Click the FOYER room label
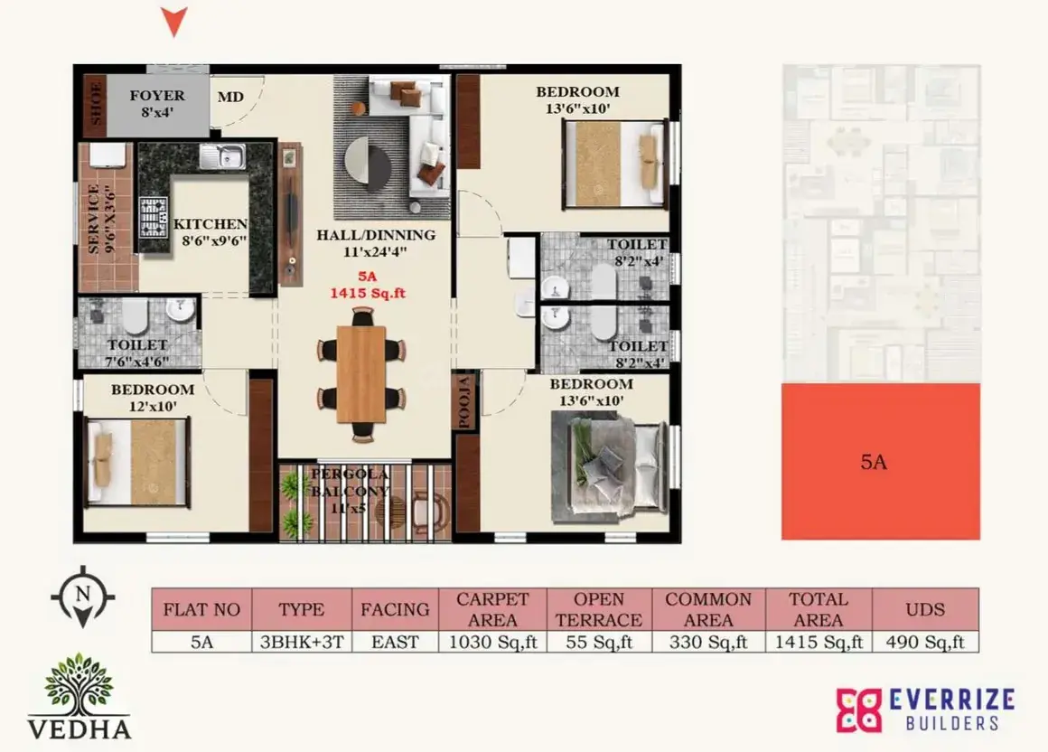(x=157, y=96)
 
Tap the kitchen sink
(x=222, y=157)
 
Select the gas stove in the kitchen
(x=153, y=217)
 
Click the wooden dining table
(x=360, y=373)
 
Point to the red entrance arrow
(x=173, y=22)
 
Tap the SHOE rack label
(x=96, y=104)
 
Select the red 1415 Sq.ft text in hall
(x=368, y=293)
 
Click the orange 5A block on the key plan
(x=880, y=461)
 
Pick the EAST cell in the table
(x=395, y=642)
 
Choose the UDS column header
(x=925, y=609)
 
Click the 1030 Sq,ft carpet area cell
(x=492, y=642)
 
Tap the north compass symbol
(x=82, y=597)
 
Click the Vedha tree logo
(x=80, y=695)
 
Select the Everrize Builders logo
(x=925, y=710)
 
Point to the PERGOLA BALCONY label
(x=350, y=483)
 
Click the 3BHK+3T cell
(x=302, y=642)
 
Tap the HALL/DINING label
(x=376, y=235)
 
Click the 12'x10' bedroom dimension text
(x=153, y=407)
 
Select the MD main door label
(x=230, y=97)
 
